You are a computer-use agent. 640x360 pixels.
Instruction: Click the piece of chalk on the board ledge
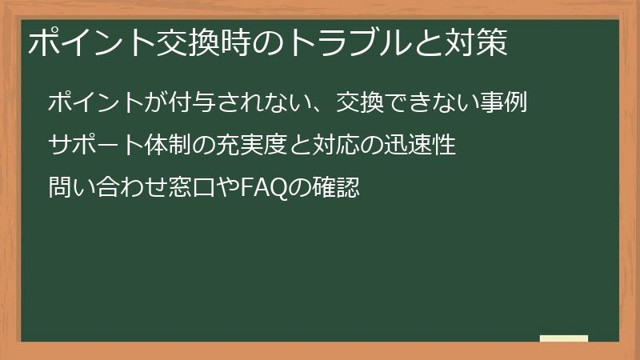[564, 338]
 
